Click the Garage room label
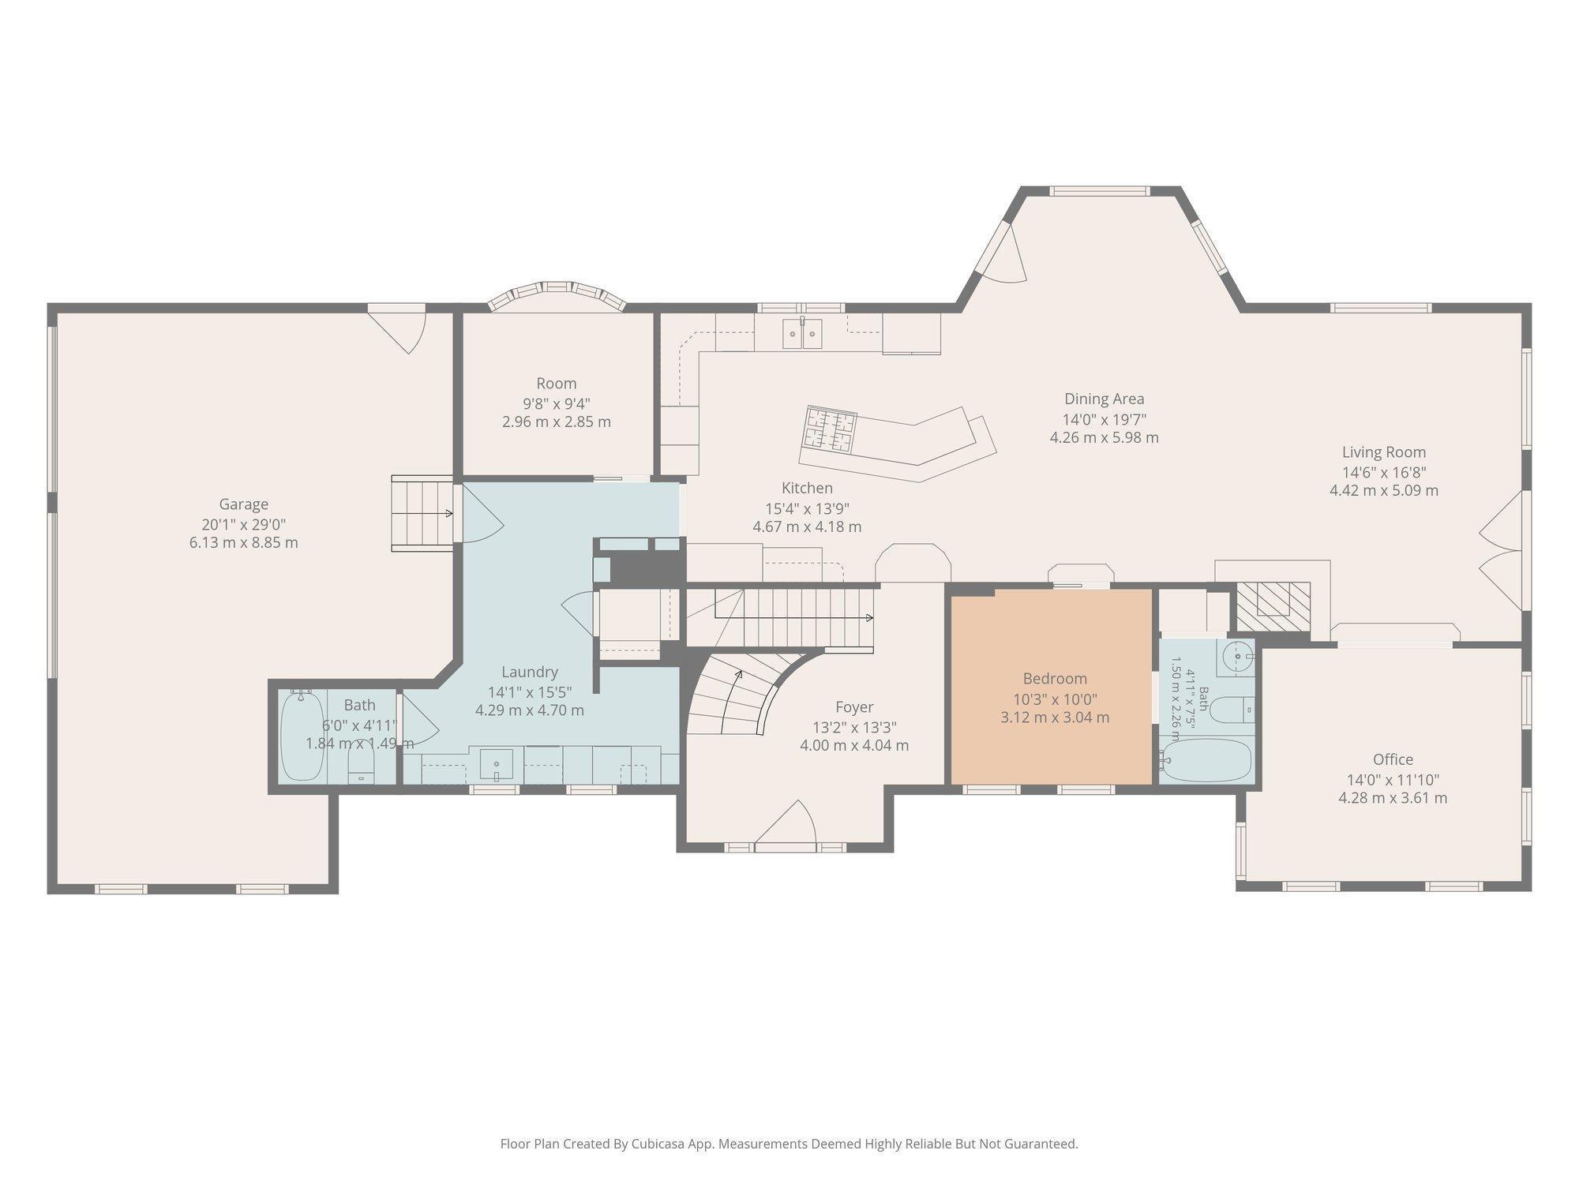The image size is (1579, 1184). (x=244, y=504)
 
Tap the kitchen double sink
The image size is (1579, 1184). (x=802, y=334)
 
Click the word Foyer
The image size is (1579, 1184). (x=854, y=707)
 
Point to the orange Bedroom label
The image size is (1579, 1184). (x=1055, y=679)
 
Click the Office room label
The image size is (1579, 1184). (x=1393, y=759)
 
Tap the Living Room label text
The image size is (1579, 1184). (x=1384, y=452)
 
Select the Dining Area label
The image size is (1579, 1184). (x=1104, y=399)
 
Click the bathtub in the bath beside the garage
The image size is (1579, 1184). (x=302, y=735)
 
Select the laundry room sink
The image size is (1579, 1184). (x=497, y=764)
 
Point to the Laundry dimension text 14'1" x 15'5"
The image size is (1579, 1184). (x=530, y=692)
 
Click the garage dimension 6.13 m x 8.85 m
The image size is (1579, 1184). (x=244, y=543)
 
